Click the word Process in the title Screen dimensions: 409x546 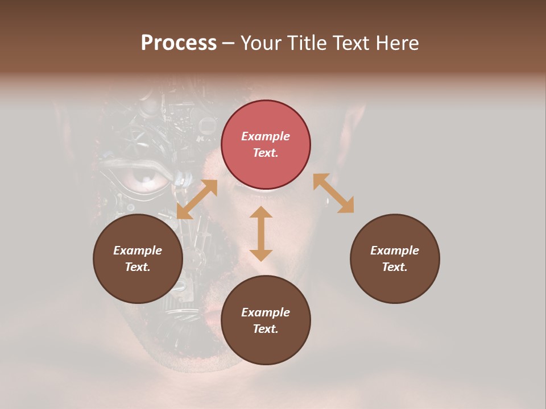pos(179,43)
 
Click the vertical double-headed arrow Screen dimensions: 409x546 pos(261,233)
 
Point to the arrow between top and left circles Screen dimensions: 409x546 pos(197,199)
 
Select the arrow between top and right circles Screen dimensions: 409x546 pos(333,193)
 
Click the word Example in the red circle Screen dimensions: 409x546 pos(266,136)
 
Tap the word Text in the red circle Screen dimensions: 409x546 pos(266,153)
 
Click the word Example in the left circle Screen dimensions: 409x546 pos(138,251)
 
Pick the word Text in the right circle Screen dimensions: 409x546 pos(395,267)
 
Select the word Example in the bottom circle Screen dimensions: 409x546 pos(266,312)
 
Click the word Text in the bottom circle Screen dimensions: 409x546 pos(266,329)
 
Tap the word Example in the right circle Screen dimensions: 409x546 pos(395,251)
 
